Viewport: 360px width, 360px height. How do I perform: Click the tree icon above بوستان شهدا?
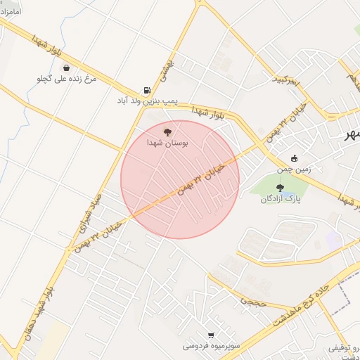[x=167, y=131]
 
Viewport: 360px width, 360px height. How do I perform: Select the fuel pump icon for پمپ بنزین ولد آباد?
[x=146, y=90]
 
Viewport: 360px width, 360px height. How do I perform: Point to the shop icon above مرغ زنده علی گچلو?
[x=65, y=68]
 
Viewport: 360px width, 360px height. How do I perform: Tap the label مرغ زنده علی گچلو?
[x=65, y=79]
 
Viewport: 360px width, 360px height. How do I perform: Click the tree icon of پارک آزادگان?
[x=281, y=187]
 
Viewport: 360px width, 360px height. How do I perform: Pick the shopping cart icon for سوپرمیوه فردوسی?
[x=211, y=335]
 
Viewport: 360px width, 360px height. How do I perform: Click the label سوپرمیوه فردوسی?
[x=212, y=346]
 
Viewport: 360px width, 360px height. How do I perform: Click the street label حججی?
[x=250, y=300]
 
